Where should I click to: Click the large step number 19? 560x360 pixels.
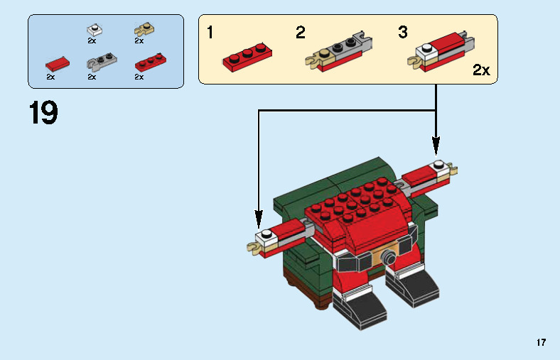click(x=43, y=114)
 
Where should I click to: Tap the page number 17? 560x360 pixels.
click(x=542, y=343)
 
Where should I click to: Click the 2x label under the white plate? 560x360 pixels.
click(x=92, y=41)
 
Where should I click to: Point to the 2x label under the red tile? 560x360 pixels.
click(x=50, y=77)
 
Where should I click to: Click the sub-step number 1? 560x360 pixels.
click(x=210, y=33)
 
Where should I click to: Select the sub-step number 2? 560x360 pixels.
click(x=301, y=33)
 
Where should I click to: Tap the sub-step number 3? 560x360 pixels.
click(x=403, y=33)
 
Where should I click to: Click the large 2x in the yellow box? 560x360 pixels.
click(x=481, y=70)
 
